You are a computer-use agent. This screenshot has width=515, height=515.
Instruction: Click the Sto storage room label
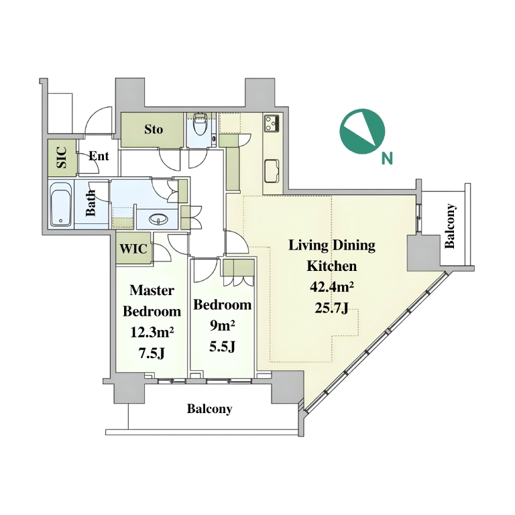(154, 129)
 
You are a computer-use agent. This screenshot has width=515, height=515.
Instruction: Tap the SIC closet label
(62, 158)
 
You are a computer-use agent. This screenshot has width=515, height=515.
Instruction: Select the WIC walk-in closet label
(133, 249)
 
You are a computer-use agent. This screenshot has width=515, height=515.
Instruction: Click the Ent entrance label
(99, 156)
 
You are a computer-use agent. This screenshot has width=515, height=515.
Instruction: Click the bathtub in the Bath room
(61, 204)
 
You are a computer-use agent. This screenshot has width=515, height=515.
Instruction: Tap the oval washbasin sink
(159, 219)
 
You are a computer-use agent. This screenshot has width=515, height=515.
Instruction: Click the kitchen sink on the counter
(272, 171)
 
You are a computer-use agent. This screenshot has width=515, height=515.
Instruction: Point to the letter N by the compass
(388, 159)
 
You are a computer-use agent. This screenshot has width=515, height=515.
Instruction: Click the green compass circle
(362, 131)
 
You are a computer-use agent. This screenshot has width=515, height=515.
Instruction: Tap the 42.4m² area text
(332, 287)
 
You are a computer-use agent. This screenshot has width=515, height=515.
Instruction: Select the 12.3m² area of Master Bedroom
(152, 333)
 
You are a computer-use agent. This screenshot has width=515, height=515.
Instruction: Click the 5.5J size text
(223, 347)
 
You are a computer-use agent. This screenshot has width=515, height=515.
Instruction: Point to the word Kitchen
(332, 266)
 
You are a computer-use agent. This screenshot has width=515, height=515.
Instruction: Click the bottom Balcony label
(209, 409)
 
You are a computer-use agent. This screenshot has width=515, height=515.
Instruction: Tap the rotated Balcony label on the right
(450, 226)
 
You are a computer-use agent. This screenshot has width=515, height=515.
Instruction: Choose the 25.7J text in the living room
(332, 308)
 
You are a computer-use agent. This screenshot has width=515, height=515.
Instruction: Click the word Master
(152, 290)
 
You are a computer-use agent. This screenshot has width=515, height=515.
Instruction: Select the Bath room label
(91, 203)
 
